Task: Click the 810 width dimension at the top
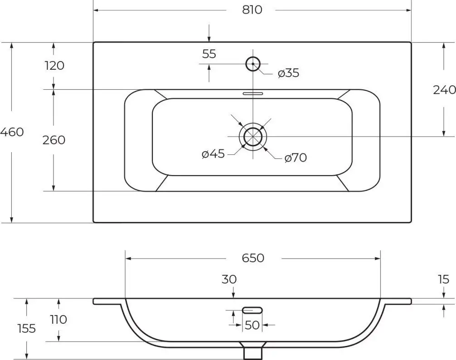[x=252, y=10]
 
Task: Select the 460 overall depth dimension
[x=12, y=132]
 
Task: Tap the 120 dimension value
[x=54, y=66]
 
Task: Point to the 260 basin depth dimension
[x=54, y=140]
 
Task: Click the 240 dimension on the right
[x=444, y=90]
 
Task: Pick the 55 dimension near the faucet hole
[x=209, y=54]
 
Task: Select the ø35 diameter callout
[x=288, y=73]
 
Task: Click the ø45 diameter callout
[x=213, y=154]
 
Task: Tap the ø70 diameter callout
[x=296, y=158]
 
